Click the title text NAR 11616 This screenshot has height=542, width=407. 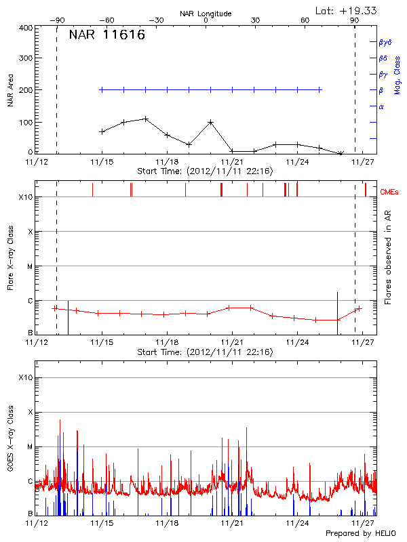point(106,36)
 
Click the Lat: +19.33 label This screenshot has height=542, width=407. point(347,9)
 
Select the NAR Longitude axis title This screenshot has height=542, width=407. point(206,14)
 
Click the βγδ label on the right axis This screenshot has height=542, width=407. point(385,42)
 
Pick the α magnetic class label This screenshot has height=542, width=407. point(381,106)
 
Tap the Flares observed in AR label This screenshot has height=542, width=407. point(387,257)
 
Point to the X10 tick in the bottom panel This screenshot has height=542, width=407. point(26,377)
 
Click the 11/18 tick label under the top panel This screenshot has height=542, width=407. point(167,162)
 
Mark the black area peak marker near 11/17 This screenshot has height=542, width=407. point(145,119)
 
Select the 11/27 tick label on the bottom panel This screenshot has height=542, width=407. point(363,524)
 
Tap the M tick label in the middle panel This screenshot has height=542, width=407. point(30,266)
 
